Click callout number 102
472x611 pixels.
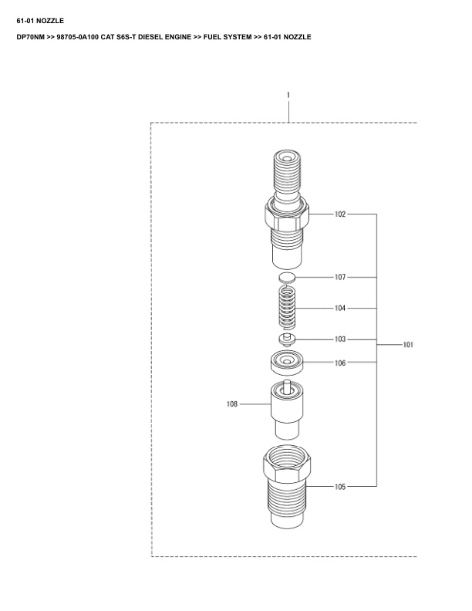(x=340, y=214)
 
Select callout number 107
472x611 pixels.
(x=340, y=277)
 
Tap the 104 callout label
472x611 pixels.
(x=340, y=308)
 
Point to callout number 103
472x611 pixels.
(x=340, y=339)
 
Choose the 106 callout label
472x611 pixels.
(x=340, y=362)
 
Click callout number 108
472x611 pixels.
(x=232, y=403)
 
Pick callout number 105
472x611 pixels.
(x=340, y=487)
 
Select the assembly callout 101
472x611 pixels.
(x=408, y=346)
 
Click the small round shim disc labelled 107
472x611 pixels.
(x=287, y=277)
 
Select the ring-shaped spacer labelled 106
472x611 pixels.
(x=288, y=363)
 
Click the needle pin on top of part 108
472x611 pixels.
(x=287, y=387)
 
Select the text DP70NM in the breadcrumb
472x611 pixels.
(x=30, y=37)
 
